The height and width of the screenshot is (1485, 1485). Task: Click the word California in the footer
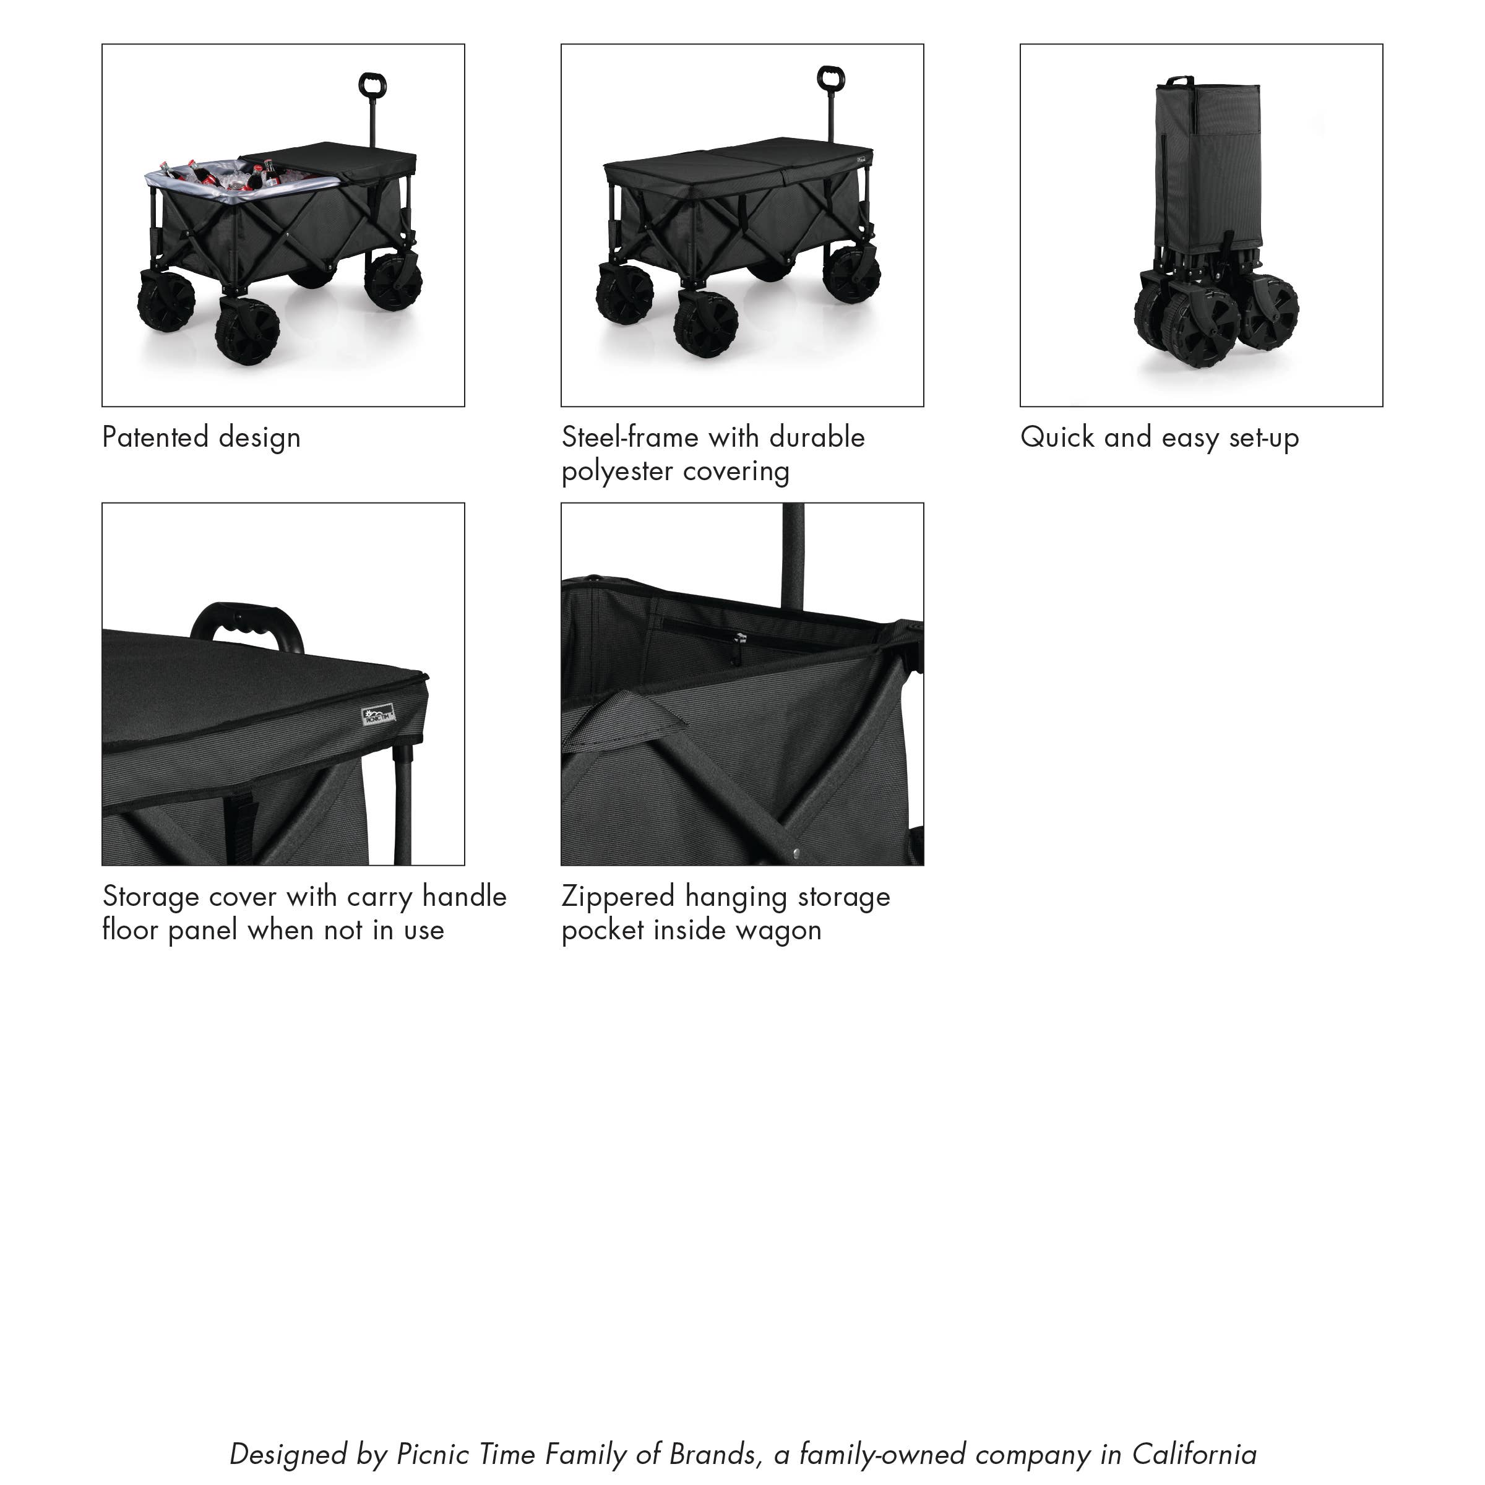point(1194,1454)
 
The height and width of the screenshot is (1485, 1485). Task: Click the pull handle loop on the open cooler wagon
point(372,85)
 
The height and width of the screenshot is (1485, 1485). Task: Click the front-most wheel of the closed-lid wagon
point(705,323)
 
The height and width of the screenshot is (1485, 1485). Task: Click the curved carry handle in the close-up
point(246,619)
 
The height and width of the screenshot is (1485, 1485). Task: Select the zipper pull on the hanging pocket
point(739,638)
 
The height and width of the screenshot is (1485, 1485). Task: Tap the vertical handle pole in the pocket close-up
point(793,553)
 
